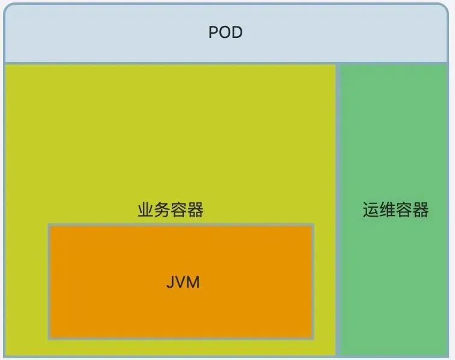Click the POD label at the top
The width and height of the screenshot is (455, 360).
click(x=225, y=32)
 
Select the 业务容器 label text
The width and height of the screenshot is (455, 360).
click(x=171, y=210)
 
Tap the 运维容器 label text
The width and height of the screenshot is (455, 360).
click(x=395, y=209)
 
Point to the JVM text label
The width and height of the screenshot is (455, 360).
click(x=183, y=282)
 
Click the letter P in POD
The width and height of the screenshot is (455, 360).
click(x=213, y=32)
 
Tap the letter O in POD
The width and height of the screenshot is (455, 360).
click(x=225, y=32)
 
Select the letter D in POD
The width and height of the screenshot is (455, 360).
click(x=237, y=32)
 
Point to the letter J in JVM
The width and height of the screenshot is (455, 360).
click(x=169, y=282)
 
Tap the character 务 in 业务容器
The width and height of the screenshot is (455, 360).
click(x=162, y=210)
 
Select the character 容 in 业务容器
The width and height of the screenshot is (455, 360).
click(x=179, y=210)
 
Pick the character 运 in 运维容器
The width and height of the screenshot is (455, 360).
click(x=371, y=209)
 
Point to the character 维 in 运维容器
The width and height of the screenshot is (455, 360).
click(x=387, y=209)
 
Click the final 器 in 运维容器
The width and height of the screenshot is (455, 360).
click(x=420, y=209)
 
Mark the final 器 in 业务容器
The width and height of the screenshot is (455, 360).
click(x=195, y=210)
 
